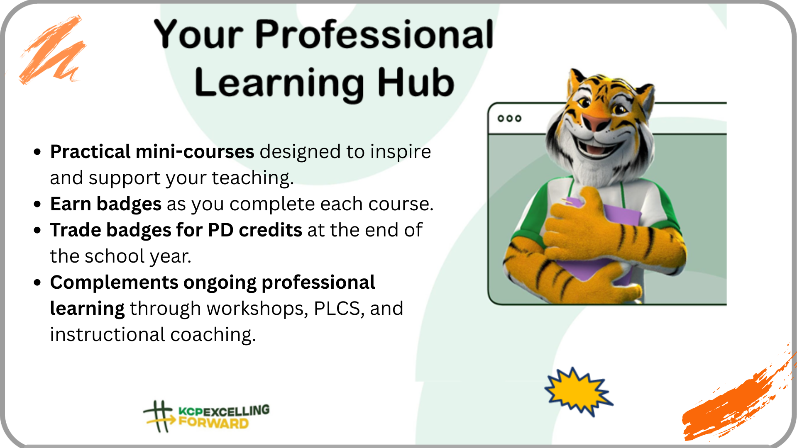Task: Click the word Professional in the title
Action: (x=374, y=34)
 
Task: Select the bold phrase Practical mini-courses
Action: (x=152, y=151)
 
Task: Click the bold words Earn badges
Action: (x=105, y=204)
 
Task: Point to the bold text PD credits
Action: (x=255, y=230)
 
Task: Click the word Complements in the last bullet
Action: (x=114, y=283)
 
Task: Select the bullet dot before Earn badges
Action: (x=38, y=204)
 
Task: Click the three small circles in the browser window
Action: (x=509, y=119)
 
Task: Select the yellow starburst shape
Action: (x=578, y=391)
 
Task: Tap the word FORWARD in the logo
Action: (x=213, y=423)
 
